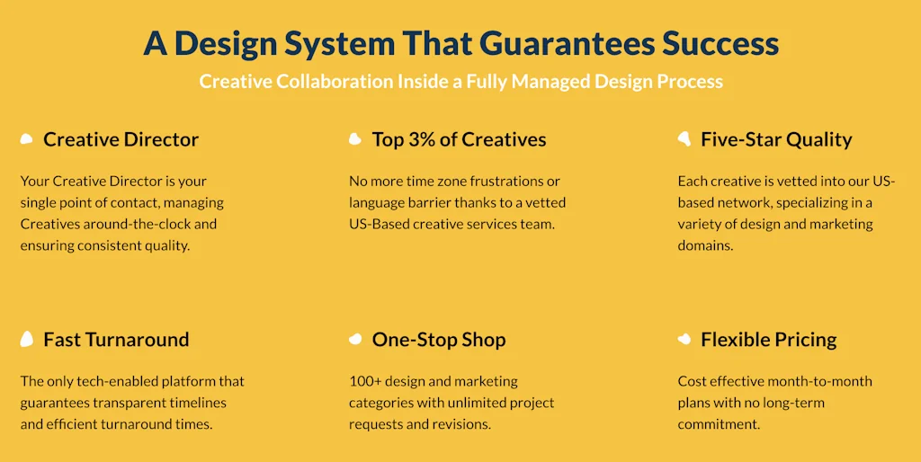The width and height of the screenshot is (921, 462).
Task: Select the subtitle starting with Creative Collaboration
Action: pos(460,82)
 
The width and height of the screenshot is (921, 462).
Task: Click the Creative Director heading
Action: pos(121,139)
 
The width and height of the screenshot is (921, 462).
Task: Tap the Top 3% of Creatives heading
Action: pos(459,139)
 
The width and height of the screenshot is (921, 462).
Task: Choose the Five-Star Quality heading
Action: pos(776,139)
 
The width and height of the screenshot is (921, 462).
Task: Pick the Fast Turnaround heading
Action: pos(116,340)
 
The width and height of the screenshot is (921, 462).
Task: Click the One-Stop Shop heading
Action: pos(439,340)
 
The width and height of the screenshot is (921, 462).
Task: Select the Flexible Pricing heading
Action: pos(768,340)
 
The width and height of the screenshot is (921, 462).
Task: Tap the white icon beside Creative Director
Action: pos(27,139)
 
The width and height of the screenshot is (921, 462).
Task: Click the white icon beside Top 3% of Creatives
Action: pos(355,139)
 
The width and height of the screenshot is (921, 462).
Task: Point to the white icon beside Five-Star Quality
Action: pos(684,138)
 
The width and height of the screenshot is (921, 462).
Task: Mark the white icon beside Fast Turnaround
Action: pos(27,340)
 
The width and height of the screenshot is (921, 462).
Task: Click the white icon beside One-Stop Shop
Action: pos(355,340)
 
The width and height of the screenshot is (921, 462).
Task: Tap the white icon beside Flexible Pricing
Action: pos(684,340)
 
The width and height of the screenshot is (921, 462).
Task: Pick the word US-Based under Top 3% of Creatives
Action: pos(380,224)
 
